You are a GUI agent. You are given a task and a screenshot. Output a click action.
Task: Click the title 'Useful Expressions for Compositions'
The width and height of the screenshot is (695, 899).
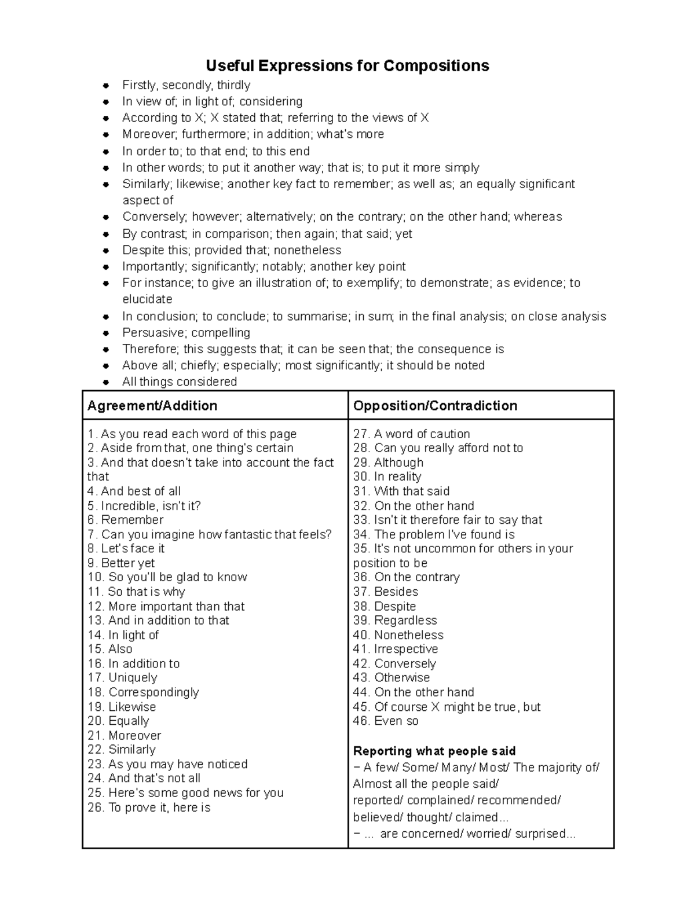pos(348,65)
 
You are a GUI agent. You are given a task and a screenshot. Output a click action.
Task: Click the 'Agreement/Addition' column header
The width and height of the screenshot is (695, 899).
pos(152,405)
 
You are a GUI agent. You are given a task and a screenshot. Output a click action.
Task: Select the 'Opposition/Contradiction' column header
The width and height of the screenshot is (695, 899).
pos(435,405)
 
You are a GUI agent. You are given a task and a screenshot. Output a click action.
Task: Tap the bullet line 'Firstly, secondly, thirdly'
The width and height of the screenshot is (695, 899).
pos(186,85)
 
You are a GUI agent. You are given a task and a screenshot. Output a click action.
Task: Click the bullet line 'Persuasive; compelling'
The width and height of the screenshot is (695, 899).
pos(186,333)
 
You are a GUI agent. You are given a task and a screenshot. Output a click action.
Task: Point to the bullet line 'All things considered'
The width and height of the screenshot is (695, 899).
pos(180,381)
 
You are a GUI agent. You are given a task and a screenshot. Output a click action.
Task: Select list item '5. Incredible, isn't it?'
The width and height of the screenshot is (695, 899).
pos(144,505)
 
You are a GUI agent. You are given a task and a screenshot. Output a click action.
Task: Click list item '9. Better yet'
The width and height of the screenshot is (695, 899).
pos(121,563)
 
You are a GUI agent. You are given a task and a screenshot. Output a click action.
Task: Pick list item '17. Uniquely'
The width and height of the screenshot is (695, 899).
pos(122,677)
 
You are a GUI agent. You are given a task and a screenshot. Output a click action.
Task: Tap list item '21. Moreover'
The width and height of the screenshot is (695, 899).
pos(124,735)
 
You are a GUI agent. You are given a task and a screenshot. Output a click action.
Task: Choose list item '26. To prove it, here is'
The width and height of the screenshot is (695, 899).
pos(149,807)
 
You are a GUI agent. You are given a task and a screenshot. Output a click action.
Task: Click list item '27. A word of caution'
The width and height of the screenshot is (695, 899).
pos(411,434)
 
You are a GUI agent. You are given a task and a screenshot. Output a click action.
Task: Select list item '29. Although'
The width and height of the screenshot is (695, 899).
pos(388,463)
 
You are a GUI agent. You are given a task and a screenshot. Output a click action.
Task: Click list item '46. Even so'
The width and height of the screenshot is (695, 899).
pos(385,721)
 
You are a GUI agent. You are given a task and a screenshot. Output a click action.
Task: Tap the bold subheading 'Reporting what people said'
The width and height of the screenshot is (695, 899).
pos(434,751)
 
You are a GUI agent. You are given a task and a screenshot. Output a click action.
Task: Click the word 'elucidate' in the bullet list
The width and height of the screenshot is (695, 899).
pos(147,299)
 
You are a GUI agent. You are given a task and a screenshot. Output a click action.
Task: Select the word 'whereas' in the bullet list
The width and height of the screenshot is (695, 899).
pos(538,217)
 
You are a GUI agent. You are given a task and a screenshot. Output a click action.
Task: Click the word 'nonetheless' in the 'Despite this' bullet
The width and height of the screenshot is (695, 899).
pos(307,250)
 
